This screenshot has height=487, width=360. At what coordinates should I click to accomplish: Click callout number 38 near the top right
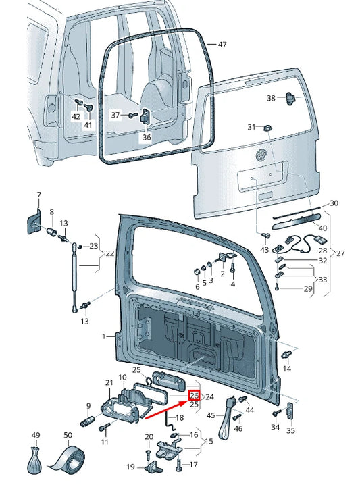pyautogui.click(x=271, y=98)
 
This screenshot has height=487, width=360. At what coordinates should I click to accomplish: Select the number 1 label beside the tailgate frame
pyautogui.click(x=104, y=336)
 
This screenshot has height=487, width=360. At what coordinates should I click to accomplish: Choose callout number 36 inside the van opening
pyautogui.click(x=147, y=137)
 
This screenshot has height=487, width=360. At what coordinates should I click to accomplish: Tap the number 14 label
pyautogui.click(x=287, y=369)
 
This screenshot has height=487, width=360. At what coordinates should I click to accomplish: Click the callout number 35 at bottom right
pyautogui.click(x=291, y=430)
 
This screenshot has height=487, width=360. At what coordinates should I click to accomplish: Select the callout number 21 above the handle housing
pyautogui.click(x=109, y=383)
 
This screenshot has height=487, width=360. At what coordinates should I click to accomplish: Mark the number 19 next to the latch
pyautogui.click(x=131, y=467)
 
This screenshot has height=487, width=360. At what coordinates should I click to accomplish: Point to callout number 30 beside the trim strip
pyautogui.click(x=334, y=203)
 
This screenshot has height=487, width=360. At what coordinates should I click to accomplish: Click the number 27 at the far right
pyautogui.click(x=341, y=254)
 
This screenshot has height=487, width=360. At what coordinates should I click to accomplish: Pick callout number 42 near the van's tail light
pyautogui.click(x=76, y=117)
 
